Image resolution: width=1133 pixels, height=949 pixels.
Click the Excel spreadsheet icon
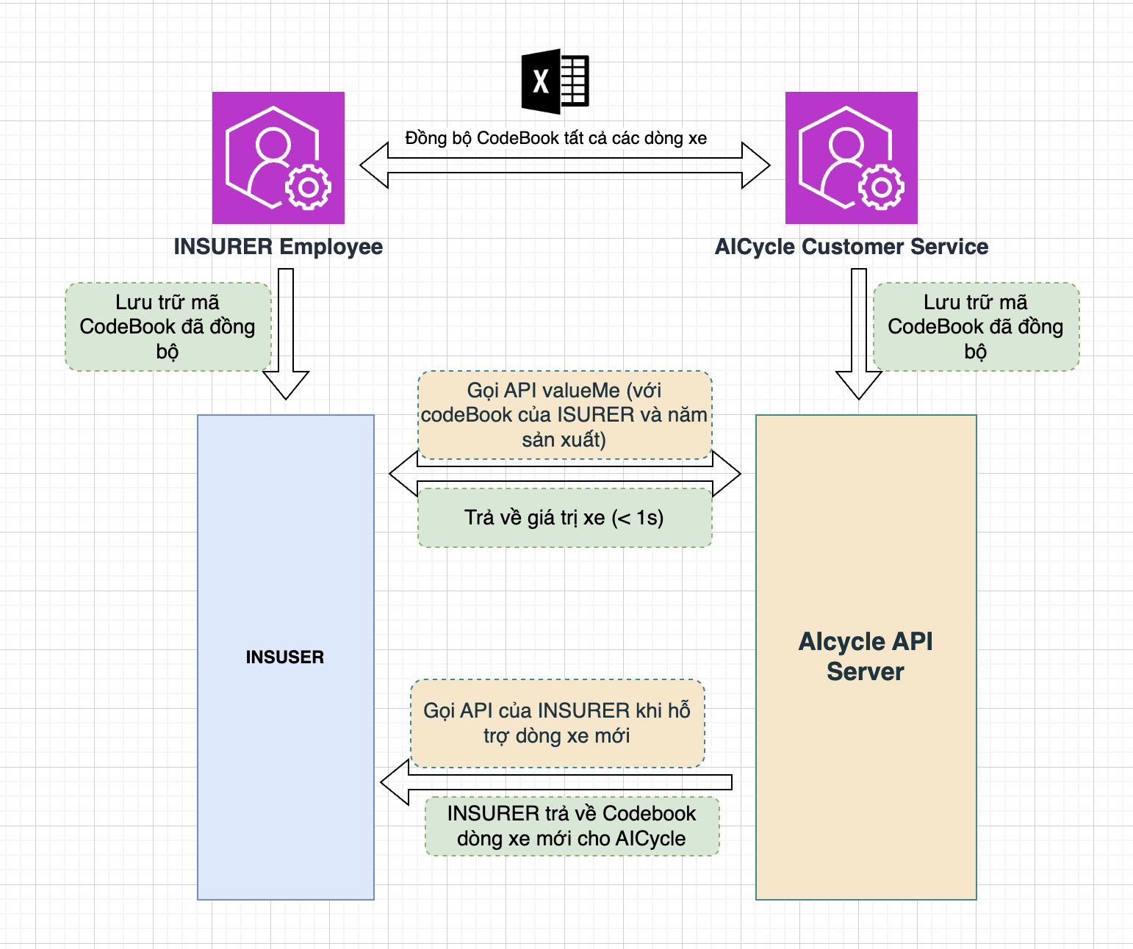[555, 82]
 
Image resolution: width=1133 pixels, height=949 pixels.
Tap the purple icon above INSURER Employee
[278, 158]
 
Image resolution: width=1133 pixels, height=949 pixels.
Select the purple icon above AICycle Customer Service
[851, 158]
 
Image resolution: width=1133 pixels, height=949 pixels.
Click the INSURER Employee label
[278, 247]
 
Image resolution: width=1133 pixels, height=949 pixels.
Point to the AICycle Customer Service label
[851, 247]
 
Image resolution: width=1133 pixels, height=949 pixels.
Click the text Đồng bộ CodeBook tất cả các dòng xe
[555, 138]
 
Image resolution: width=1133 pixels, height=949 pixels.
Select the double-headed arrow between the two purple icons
[564, 165]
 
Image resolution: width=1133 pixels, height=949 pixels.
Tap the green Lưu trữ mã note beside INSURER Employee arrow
[168, 327]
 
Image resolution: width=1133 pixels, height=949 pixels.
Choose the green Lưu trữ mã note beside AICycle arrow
[976, 327]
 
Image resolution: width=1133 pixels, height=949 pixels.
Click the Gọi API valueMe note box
[564, 415]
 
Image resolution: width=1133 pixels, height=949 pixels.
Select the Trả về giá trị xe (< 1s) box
[564, 518]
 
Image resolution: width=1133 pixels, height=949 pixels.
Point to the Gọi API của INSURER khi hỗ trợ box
[557, 724]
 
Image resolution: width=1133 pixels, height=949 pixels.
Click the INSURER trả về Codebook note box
[572, 826]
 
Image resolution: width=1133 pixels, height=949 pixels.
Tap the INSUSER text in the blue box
[285, 657]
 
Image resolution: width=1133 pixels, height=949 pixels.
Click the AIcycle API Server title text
[866, 657]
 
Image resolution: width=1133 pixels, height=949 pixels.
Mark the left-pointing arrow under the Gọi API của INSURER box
[556, 782]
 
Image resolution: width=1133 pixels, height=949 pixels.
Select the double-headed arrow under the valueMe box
[564, 474]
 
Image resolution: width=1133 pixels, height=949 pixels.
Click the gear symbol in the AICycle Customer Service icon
[881, 188]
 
